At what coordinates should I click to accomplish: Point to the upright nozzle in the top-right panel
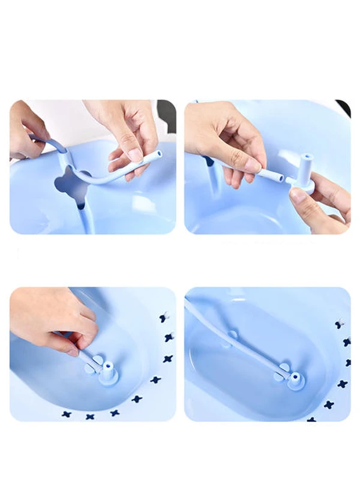[x=307, y=165]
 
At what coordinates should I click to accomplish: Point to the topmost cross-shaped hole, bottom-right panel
[x=341, y=322]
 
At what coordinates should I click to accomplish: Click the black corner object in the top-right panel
[x=344, y=107]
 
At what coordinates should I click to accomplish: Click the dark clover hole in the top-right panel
[x=209, y=160]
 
